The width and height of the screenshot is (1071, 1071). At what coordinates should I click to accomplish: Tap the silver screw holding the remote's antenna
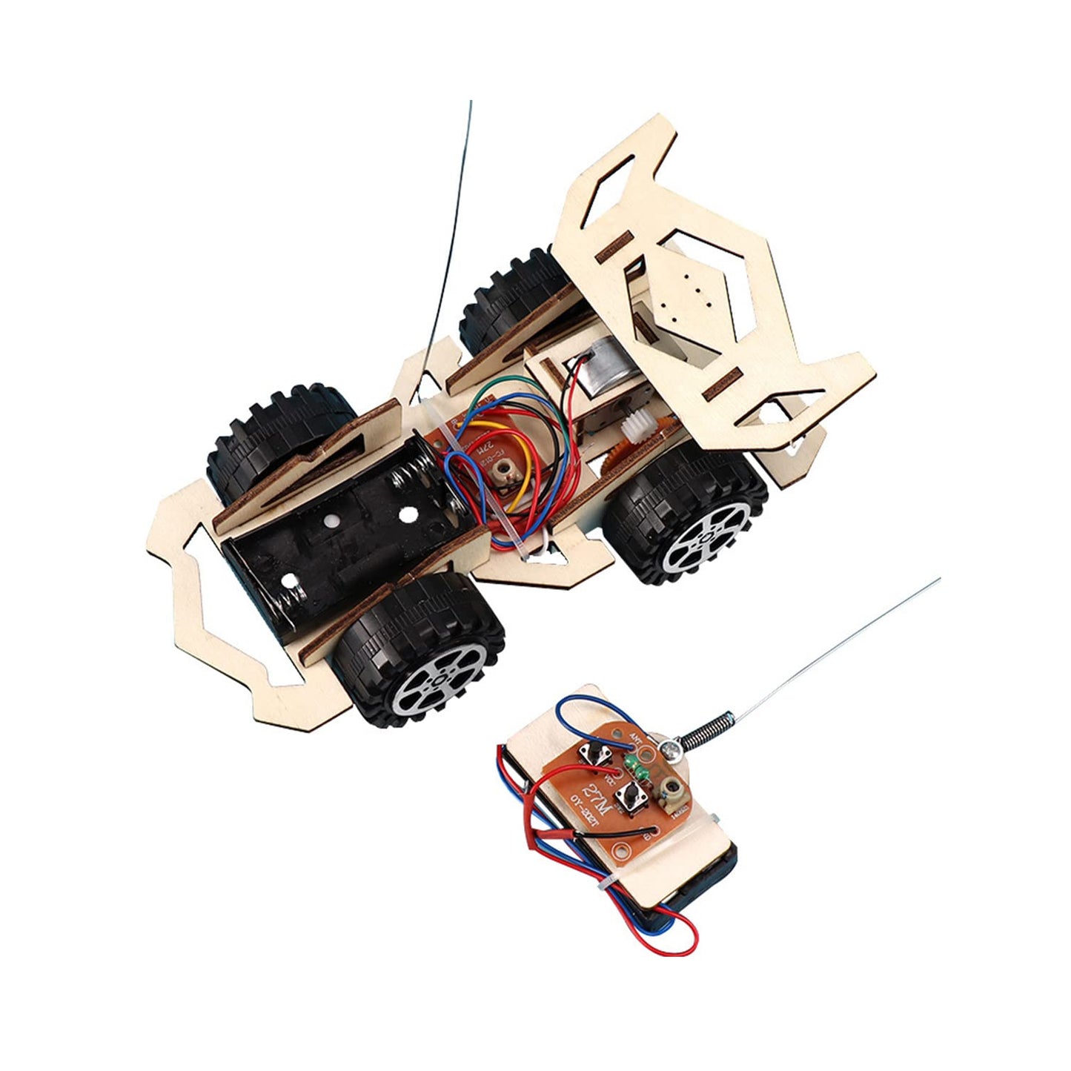click(x=677, y=749)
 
